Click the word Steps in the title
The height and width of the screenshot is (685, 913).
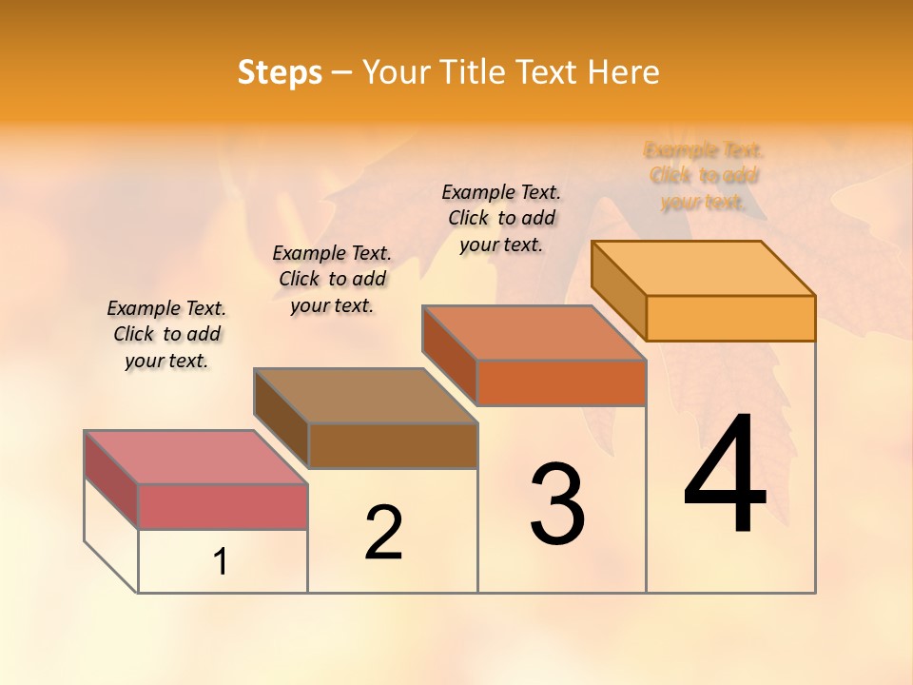point(279,72)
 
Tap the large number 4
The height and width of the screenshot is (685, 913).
point(725,476)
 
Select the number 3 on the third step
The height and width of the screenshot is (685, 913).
point(557,504)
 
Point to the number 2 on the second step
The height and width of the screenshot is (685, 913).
point(383,533)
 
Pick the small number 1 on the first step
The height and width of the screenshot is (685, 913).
point(221,562)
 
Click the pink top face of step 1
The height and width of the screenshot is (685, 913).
point(195,457)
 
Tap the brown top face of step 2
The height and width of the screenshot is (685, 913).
point(365,395)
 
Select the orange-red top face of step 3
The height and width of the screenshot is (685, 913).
point(534,333)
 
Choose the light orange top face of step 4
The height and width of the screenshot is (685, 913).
point(704,267)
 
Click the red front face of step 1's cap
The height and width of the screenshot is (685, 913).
point(223,506)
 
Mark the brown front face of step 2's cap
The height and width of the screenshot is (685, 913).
point(393,445)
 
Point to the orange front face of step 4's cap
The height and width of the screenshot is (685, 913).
point(730,318)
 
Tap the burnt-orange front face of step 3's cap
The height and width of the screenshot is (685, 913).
point(561,382)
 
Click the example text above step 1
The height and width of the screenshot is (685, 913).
point(166,334)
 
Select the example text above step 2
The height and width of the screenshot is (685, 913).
point(332,279)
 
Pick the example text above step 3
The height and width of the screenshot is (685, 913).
point(501,218)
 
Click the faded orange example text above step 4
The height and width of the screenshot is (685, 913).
point(704,176)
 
